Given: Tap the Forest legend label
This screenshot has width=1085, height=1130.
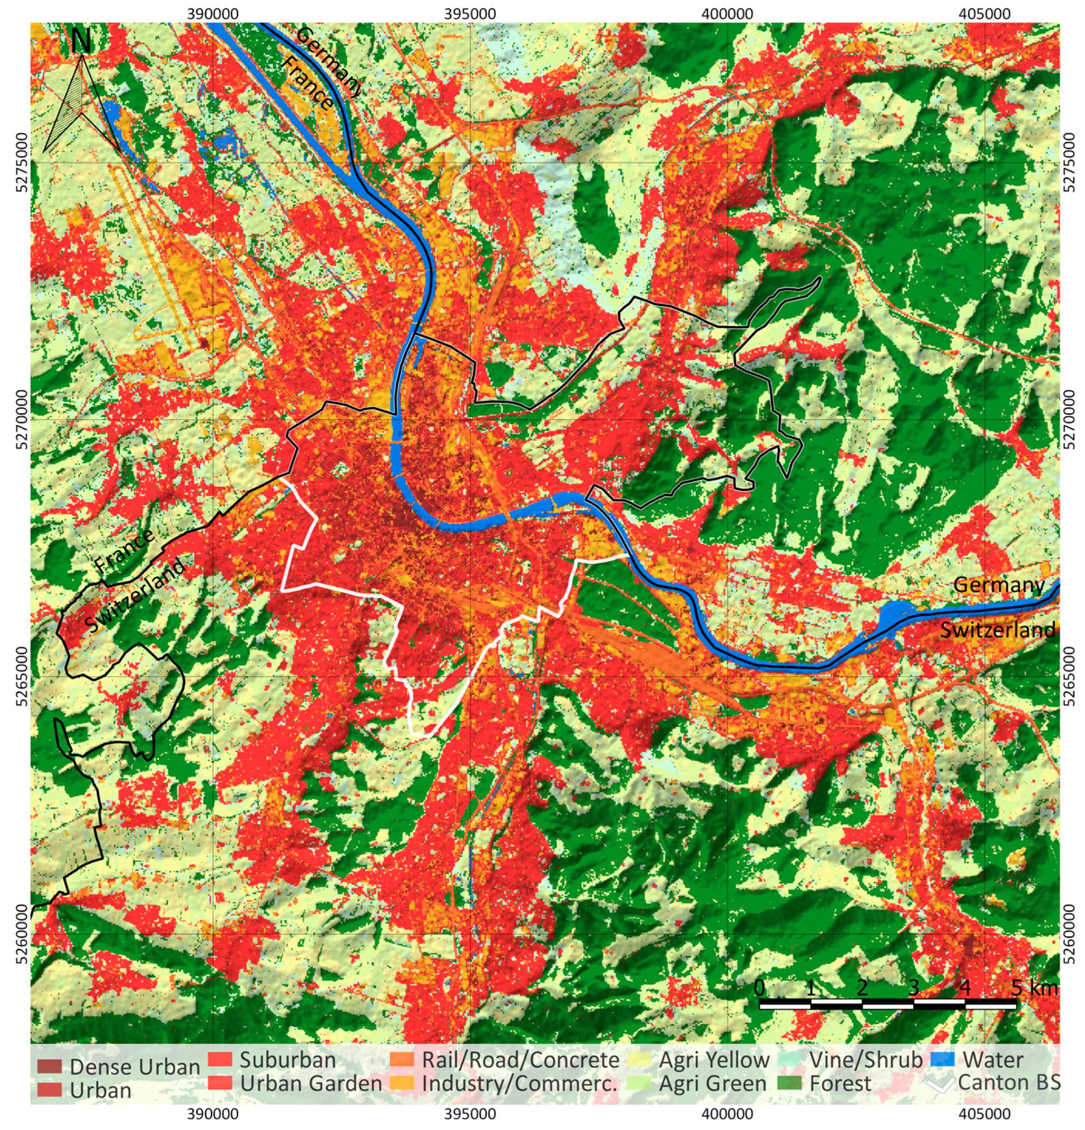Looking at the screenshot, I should tap(839, 1084).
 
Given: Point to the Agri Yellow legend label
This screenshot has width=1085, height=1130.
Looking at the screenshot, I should tap(714, 1060).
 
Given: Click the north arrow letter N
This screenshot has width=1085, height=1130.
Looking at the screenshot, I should tap(81, 42).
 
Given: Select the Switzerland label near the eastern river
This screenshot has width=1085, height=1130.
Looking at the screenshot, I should tap(997, 630).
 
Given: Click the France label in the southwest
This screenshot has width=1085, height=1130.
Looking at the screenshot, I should tap(125, 550).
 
